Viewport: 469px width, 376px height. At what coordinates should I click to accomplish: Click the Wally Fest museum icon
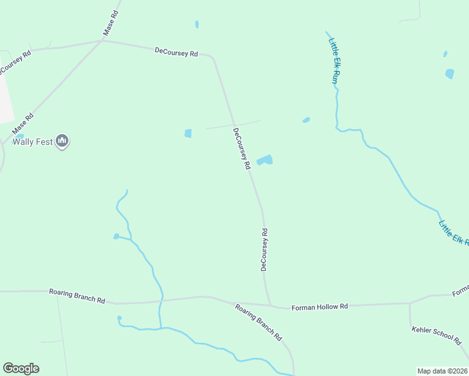point(61,142)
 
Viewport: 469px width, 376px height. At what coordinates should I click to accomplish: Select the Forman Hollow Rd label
point(320,307)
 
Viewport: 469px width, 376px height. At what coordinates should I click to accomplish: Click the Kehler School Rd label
point(436,335)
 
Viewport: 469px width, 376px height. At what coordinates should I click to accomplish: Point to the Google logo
point(21,368)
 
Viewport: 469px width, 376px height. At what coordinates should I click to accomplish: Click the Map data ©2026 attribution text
point(443,371)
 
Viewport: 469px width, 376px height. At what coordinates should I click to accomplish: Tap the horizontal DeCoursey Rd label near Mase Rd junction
point(176,53)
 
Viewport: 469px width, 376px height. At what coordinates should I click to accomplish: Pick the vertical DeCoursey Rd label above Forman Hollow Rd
point(264,249)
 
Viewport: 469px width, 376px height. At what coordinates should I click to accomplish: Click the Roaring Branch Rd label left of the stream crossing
point(77,296)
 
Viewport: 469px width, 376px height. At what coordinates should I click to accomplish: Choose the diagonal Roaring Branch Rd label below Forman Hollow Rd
point(258,322)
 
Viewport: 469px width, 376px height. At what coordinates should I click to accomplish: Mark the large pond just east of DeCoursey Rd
point(265,160)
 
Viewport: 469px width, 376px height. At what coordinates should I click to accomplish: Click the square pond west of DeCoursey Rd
point(188,133)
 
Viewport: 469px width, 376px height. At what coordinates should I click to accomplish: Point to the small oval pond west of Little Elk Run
point(306,120)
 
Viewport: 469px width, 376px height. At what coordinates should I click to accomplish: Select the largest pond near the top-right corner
point(450,73)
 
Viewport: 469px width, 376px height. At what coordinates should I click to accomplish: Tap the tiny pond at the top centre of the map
point(197,24)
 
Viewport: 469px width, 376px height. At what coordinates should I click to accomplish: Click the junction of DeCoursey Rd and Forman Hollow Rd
point(271,306)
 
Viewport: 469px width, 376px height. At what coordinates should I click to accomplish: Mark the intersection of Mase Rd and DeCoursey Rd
point(102,41)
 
